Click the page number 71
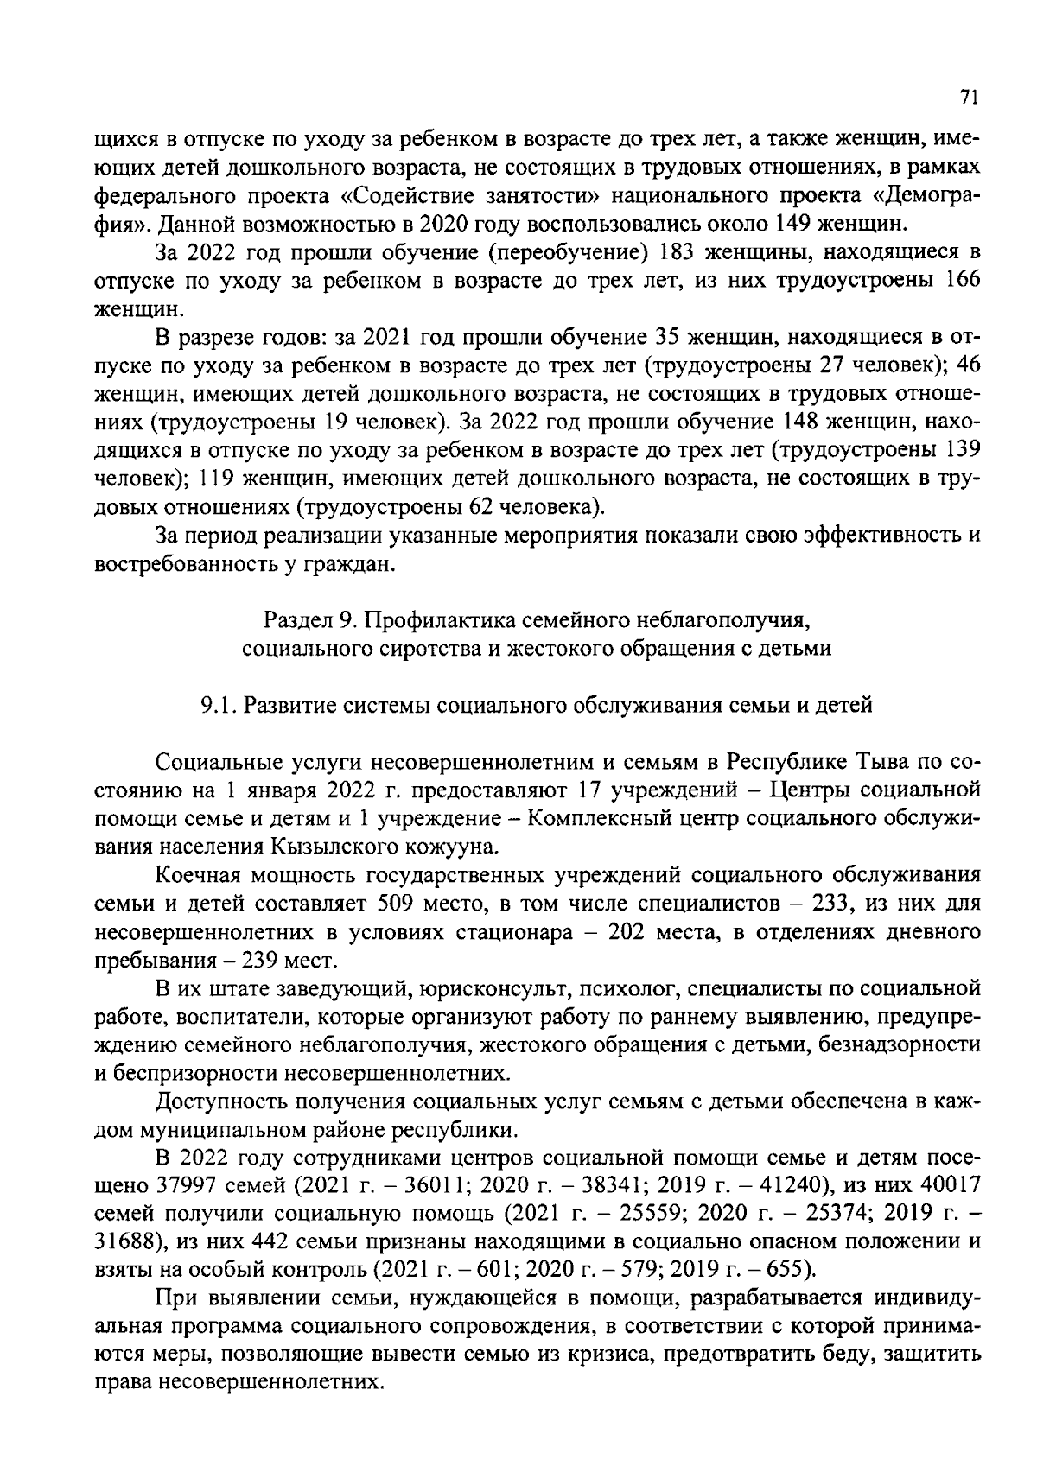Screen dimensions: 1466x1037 968,98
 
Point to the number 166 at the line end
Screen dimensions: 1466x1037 963,281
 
